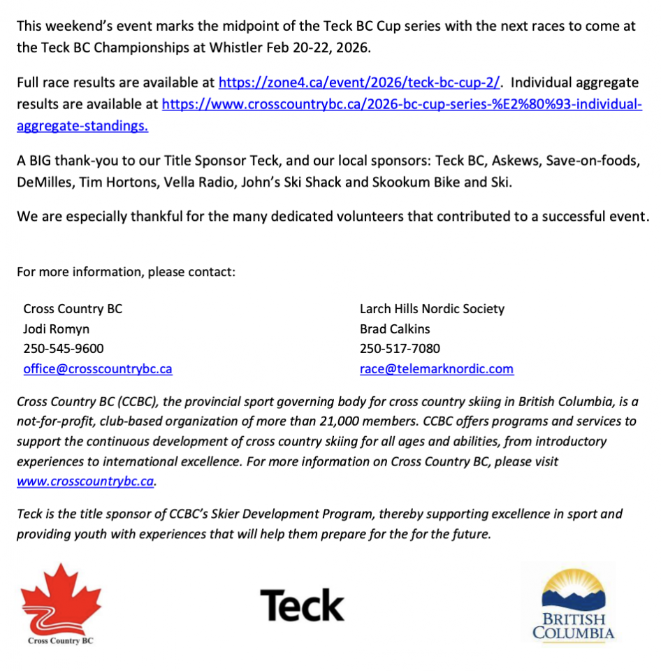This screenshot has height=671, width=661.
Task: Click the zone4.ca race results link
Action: [360, 82]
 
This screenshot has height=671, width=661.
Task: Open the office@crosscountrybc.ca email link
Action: [97, 369]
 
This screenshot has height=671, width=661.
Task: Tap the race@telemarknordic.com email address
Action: [436, 369]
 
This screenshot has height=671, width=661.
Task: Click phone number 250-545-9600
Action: [64, 349]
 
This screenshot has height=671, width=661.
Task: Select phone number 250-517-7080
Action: [400, 349]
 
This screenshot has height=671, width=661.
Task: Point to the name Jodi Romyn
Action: [57, 329]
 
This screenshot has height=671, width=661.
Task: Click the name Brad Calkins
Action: [395, 329]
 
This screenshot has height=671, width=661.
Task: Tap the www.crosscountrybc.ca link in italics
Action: [85, 482]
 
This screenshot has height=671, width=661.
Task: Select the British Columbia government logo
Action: [574, 605]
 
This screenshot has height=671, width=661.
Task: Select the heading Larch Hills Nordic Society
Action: [431, 308]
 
